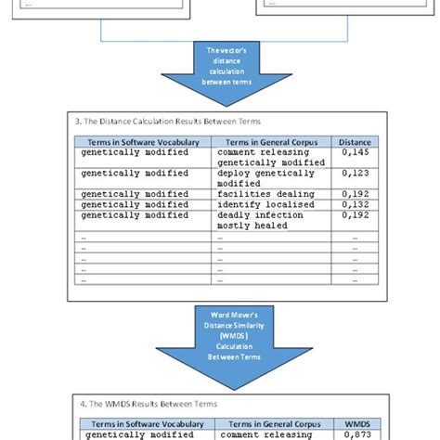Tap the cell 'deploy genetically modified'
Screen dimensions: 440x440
tap(263, 177)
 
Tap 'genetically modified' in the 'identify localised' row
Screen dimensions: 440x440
tap(135, 204)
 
